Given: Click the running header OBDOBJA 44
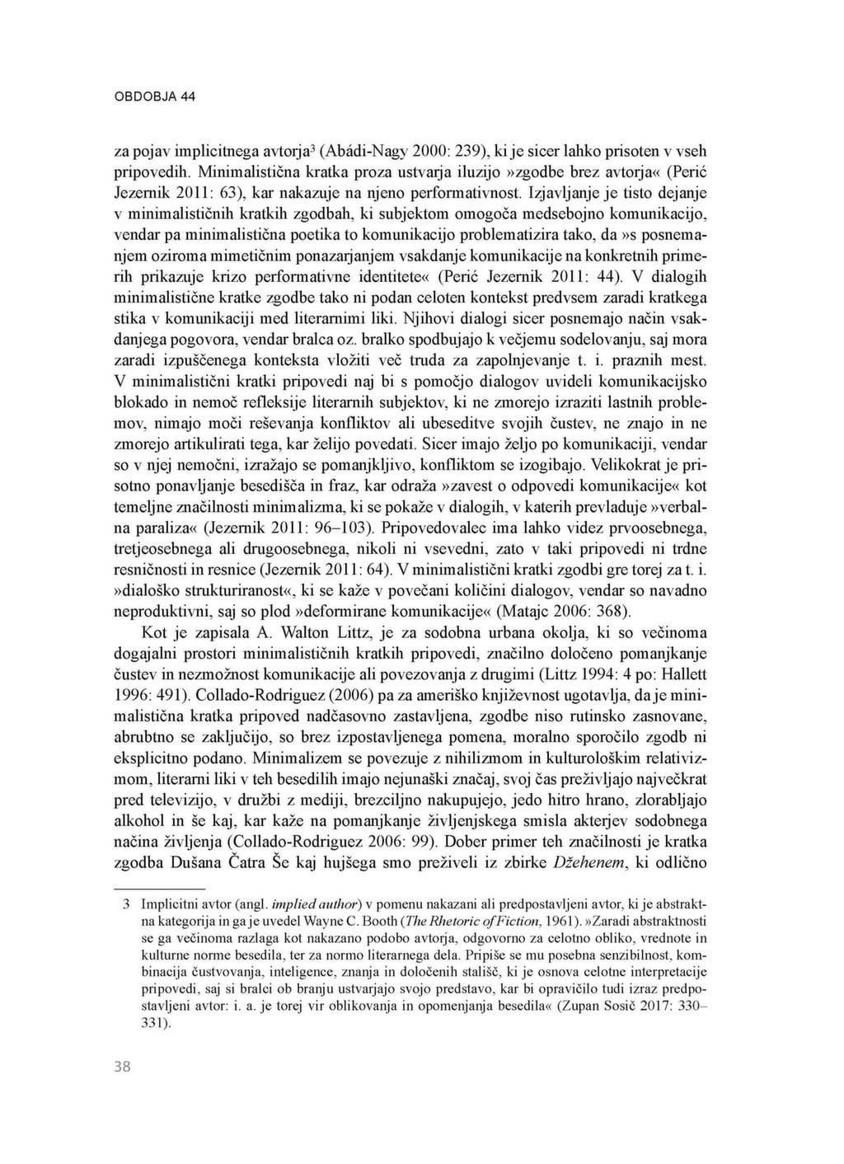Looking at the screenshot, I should [x=154, y=96].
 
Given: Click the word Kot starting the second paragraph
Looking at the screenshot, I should [x=156, y=633].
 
